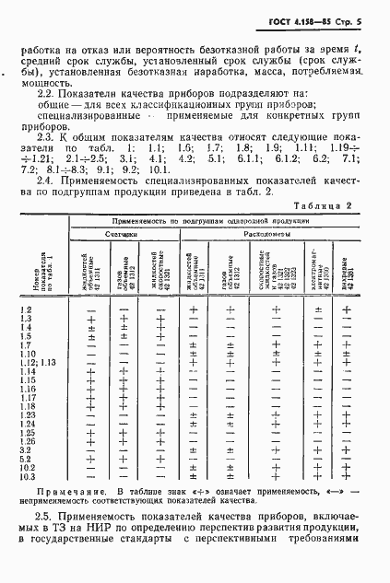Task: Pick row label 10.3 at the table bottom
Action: click(28, 476)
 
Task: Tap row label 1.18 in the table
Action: click(28, 407)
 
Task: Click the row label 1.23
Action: click(28, 416)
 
